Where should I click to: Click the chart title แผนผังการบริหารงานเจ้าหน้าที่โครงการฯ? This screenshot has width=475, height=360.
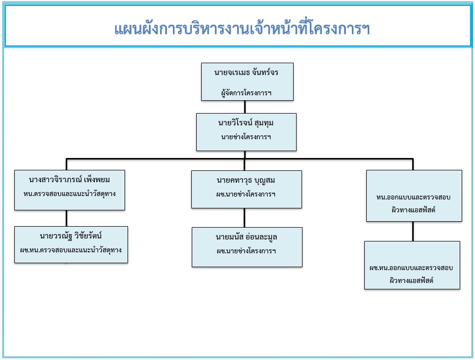point(242,29)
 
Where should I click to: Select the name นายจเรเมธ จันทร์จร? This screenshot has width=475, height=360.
point(246,73)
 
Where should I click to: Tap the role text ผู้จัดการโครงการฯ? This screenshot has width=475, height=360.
point(246,92)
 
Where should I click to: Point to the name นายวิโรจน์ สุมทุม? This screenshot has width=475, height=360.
point(246,122)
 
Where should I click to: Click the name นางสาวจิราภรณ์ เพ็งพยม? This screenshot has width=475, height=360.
point(69,180)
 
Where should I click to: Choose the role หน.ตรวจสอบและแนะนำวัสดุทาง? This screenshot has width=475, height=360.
point(69,194)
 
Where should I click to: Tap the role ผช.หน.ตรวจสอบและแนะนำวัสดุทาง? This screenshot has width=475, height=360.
point(71,249)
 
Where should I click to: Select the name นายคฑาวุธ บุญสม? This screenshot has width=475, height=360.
point(246,180)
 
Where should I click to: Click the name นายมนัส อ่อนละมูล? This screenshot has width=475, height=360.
point(246,237)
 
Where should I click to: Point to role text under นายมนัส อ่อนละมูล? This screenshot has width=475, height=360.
point(246,251)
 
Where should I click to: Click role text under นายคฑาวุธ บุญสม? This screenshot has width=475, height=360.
point(246,194)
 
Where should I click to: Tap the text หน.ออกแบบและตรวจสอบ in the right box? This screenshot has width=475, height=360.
point(413,197)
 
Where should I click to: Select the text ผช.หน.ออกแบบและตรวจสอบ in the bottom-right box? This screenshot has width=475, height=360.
point(411,268)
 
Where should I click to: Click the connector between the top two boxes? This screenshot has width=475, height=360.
point(245,107)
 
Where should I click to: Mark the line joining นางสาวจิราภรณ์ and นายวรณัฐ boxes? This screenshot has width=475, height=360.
point(67,218)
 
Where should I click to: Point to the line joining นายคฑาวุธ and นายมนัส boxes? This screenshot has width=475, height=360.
point(244,217)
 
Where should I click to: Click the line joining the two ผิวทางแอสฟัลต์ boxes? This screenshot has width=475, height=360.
point(413,231)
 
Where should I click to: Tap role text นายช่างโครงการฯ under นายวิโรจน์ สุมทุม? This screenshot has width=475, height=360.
point(246,137)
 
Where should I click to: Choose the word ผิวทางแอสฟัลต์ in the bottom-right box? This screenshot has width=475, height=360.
point(411,280)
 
